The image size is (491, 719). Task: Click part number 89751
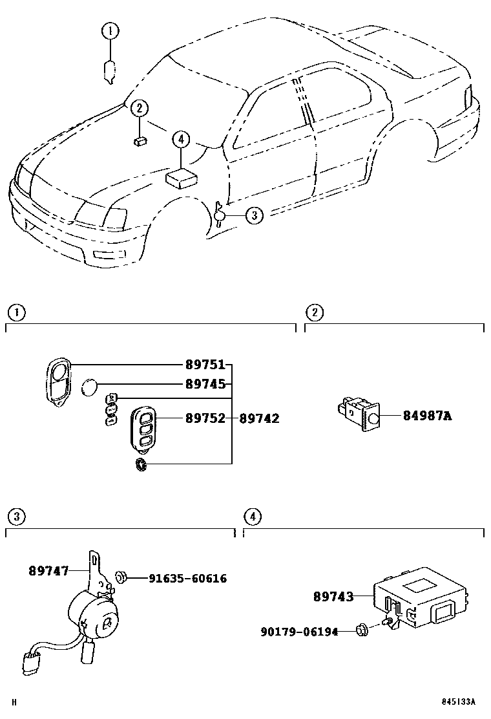(205, 365)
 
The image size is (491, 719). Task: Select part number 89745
(205, 384)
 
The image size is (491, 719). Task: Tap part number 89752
(205, 418)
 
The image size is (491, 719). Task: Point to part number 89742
(259, 418)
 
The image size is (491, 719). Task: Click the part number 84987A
(427, 416)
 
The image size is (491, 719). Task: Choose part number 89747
(48, 570)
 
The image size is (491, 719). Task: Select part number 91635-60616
(187, 578)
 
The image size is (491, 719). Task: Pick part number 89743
(333, 597)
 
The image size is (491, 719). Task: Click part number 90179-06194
(299, 631)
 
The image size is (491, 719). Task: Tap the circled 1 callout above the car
(110, 30)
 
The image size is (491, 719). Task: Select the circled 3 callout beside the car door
(255, 215)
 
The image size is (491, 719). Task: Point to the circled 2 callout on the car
(139, 109)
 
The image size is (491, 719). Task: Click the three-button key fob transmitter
(143, 427)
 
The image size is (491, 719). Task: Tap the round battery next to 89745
(89, 388)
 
